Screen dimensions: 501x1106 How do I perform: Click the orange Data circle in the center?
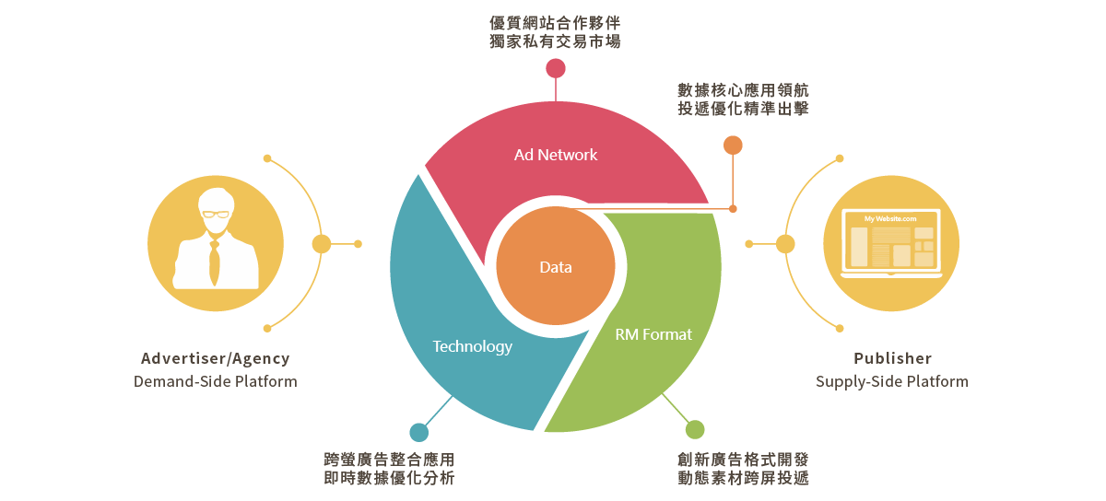pyautogui.click(x=556, y=267)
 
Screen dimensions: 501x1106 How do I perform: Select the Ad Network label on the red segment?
pyautogui.click(x=556, y=155)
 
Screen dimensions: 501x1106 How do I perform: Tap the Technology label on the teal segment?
pyautogui.click(x=472, y=346)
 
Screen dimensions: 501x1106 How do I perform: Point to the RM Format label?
pyautogui.click(x=653, y=334)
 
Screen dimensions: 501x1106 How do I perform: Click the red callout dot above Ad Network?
pyautogui.click(x=556, y=68)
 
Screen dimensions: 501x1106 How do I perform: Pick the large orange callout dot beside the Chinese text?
pyautogui.click(x=733, y=145)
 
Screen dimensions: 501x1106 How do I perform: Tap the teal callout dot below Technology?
pyautogui.click(x=419, y=432)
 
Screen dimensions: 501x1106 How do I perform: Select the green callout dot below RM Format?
pyautogui.click(x=695, y=430)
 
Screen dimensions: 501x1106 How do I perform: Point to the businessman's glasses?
pyautogui.click(x=216, y=214)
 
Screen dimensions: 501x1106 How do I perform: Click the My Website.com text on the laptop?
pyautogui.click(x=890, y=218)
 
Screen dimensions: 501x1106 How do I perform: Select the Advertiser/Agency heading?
pyautogui.click(x=216, y=359)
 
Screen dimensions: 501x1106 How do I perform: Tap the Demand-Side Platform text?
pyautogui.click(x=216, y=381)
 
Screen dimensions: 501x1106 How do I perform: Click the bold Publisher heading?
pyautogui.click(x=892, y=359)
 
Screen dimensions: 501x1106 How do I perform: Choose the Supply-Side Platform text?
pyautogui.click(x=892, y=381)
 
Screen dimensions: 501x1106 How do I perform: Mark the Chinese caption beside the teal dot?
pyautogui.click(x=389, y=468)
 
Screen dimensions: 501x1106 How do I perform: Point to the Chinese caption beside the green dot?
pyautogui.click(x=743, y=468)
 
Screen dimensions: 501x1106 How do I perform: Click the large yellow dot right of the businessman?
pyautogui.click(x=322, y=244)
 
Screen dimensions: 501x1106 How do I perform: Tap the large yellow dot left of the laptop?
pyautogui.click(x=785, y=244)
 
